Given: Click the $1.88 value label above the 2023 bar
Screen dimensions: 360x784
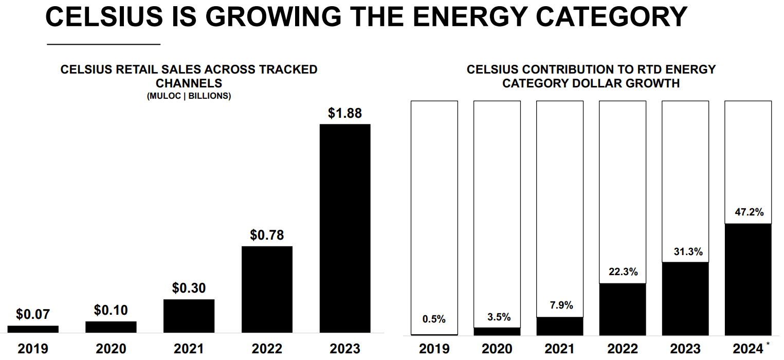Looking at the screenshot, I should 345,113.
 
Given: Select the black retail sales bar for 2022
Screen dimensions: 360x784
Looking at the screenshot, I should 267,289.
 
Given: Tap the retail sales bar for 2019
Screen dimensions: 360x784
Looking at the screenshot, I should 33,329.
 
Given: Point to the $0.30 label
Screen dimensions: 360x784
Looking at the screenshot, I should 189,289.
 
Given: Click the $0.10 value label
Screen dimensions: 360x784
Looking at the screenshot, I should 111,311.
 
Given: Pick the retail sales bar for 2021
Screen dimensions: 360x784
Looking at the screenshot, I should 189,316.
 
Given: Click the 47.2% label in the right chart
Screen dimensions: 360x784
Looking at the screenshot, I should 747,212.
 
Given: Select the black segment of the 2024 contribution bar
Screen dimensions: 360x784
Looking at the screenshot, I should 747,279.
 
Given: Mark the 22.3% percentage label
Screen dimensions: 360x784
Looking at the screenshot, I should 623,272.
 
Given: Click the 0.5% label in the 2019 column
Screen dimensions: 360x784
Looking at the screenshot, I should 434,319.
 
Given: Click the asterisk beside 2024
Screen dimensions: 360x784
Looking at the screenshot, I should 768,344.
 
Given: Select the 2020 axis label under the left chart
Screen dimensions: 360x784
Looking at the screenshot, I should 111,349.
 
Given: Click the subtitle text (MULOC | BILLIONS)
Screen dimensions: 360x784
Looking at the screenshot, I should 189,96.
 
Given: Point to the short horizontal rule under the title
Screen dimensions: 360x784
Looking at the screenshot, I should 103,45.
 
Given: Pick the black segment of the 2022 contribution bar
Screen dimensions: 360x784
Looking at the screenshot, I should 623,309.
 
